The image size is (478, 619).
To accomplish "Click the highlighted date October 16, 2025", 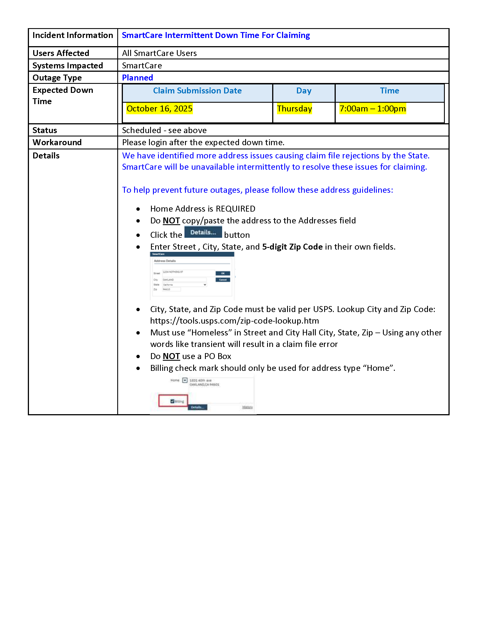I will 159,109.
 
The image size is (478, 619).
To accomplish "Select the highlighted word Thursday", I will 294,109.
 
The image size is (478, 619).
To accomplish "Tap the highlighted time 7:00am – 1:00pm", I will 372,109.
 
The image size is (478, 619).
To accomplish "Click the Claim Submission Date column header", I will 197,91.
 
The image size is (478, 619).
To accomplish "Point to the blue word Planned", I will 137,78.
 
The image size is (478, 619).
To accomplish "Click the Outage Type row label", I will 57,78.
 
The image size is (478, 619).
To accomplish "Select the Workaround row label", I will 57,142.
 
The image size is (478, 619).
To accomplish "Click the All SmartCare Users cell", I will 159,53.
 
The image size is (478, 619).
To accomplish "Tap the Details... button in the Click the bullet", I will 203,232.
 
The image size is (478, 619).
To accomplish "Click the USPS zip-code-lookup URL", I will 234,321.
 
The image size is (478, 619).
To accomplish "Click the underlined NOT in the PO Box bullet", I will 171,356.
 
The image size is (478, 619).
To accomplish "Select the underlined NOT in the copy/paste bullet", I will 171,221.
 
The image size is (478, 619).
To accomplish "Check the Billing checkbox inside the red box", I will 172,401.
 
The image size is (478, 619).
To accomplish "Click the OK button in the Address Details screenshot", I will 223,273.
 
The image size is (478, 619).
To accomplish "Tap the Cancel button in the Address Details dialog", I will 223,280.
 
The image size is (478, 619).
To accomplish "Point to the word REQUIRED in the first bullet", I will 235,209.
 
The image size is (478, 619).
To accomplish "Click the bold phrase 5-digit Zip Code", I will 292,247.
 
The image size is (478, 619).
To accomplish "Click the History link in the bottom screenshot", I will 247,407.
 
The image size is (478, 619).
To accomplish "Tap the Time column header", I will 389,91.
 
